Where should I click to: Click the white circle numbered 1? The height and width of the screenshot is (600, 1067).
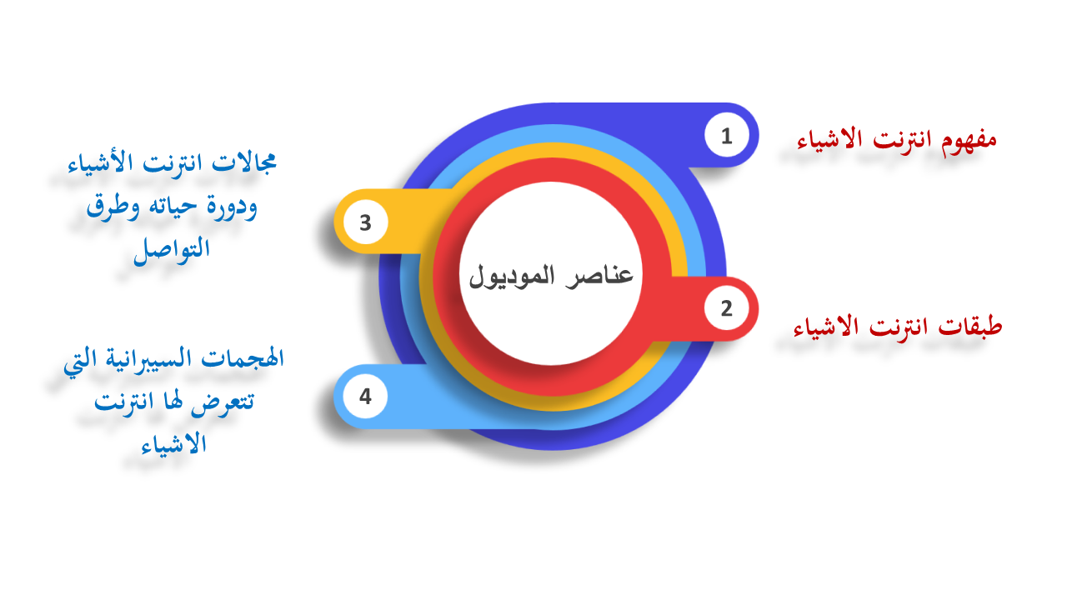726,135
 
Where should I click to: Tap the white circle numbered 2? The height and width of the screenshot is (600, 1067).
726,308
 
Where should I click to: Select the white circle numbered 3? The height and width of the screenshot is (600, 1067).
365,222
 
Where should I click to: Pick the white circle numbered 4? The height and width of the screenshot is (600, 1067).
365,396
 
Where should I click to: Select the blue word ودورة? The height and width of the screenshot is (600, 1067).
232,208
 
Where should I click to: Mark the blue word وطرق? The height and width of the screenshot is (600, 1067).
113,207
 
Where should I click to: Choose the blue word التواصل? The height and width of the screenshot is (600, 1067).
172,249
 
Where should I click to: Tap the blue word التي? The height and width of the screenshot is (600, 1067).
78,362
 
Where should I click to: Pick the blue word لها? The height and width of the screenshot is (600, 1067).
173,401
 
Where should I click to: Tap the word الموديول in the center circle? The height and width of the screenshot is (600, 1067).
512,277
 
